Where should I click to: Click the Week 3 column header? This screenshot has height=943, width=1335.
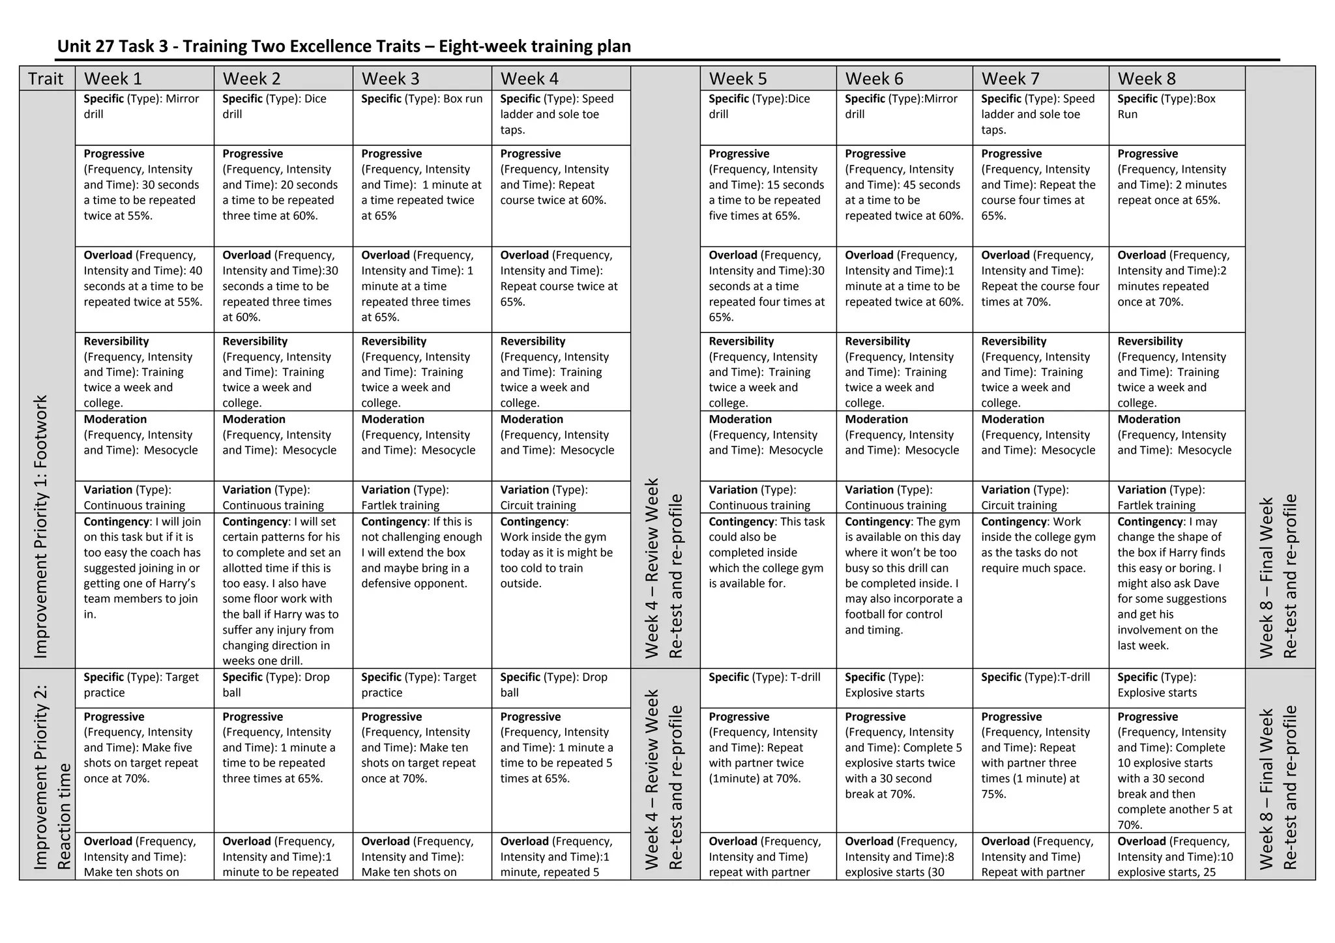(x=422, y=79)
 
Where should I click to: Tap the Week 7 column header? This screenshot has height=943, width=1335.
(x=1040, y=79)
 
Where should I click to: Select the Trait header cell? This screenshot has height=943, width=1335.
(x=47, y=79)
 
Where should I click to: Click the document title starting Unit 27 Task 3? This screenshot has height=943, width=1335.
(x=344, y=46)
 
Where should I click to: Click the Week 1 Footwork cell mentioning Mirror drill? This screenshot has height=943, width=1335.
(x=144, y=117)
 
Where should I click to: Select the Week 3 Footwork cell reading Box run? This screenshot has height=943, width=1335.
(x=422, y=117)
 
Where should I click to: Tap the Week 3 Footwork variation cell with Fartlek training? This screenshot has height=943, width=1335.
(x=422, y=497)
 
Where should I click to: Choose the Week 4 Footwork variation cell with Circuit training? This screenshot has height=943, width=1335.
(x=561, y=497)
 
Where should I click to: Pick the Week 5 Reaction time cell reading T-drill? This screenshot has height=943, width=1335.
(x=768, y=688)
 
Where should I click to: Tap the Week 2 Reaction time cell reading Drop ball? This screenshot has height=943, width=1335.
(x=283, y=688)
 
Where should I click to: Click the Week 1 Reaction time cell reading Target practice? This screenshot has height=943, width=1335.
(x=144, y=688)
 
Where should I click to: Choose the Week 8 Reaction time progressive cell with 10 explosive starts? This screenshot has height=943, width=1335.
(x=1177, y=770)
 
